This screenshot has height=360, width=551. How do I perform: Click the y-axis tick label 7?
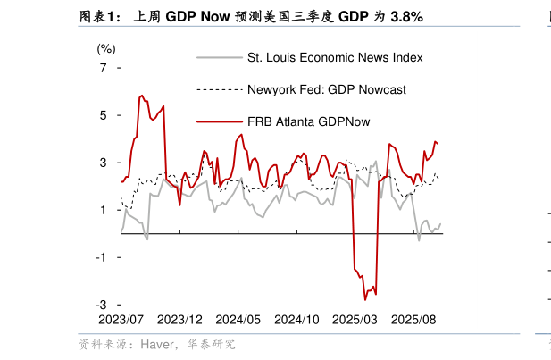coord(104,68)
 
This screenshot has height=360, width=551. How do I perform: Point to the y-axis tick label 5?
coord(104,115)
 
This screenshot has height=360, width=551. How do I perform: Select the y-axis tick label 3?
coord(104,163)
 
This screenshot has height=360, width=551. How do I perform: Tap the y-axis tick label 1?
coord(104,210)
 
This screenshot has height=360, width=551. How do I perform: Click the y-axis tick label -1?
coord(102,257)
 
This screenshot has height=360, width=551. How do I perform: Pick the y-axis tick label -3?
coord(102,305)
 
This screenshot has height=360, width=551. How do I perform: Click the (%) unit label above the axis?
coord(106,48)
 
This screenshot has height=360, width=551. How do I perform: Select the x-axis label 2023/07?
coord(121,319)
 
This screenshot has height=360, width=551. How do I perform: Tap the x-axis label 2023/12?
coord(180,319)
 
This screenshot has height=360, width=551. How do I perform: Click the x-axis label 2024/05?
coord(238,319)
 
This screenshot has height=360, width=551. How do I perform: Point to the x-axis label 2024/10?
coord(296,319)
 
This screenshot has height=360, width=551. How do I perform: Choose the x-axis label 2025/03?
coord(355,319)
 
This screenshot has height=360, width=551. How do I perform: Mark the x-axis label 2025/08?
coord(413,319)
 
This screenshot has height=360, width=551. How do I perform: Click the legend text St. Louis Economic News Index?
coord(335,58)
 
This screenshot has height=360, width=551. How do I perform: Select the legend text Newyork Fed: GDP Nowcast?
coord(327,89)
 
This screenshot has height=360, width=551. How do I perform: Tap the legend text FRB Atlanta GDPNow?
coord(308,121)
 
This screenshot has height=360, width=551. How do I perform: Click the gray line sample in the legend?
coord(219,58)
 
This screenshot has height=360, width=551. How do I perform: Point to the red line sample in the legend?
coord(219,121)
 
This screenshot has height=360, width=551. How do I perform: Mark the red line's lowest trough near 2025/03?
coord(364,299)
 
